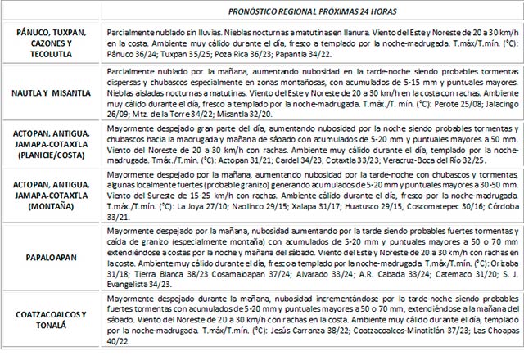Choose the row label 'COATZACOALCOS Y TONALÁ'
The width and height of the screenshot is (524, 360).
coord(53,317)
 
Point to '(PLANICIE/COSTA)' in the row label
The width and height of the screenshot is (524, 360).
coord(53,161)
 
